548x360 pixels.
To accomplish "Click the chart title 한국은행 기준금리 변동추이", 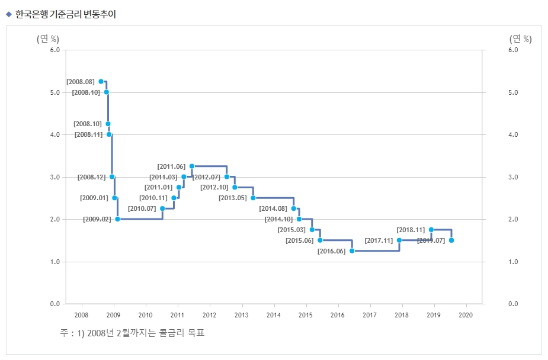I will [x=65, y=14].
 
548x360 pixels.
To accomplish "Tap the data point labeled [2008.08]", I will [x=101, y=81].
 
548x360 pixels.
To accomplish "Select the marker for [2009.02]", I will [x=117, y=219].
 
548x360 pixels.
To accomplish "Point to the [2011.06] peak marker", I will [x=191, y=166].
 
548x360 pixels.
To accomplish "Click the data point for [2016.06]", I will [x=352, y=251].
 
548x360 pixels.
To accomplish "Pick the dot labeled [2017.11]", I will [x=399, y=240].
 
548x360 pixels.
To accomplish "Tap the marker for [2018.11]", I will [x=431, y=230].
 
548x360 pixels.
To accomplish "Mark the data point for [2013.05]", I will [x=253, y=198].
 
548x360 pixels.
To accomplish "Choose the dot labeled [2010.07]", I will [x=162, y=208].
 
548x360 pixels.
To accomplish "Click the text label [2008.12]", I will [x=91, y=177].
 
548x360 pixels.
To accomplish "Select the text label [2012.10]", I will [x=214, y=188].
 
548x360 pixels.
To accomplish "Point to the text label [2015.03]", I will [x=291, y=230].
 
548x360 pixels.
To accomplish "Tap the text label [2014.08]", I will [x=273, y=208].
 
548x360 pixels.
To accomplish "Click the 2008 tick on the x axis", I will [x=82, y=314].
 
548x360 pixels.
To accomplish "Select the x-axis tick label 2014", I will [x=274, y=314].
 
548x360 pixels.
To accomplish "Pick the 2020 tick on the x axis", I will [x=466, y=314].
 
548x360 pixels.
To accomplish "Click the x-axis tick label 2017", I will [x=370, y=314].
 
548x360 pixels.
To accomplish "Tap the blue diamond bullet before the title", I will [x=8, y=14].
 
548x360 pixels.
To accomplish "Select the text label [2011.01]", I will [x=158, y=188].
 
